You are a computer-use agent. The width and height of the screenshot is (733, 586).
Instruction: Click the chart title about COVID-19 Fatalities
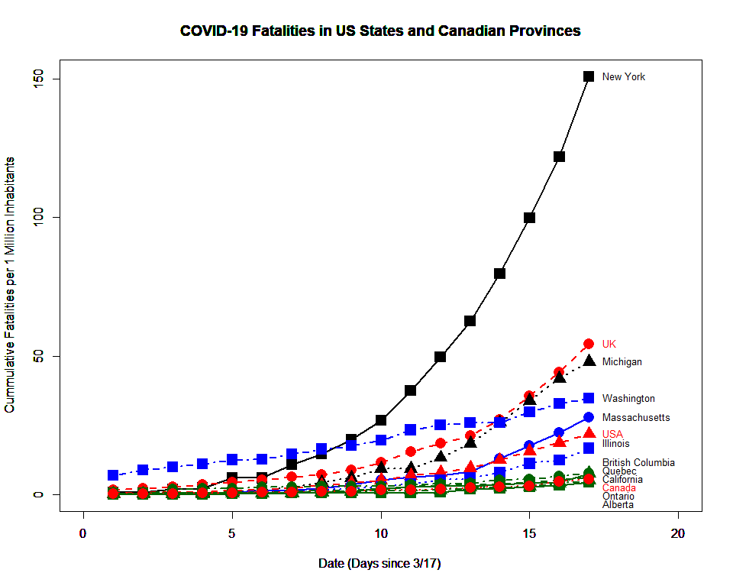(x=380, y=31)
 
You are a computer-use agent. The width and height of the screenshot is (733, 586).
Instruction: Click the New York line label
(x=623, y=76)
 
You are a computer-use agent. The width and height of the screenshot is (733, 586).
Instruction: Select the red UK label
(x=609, y=344)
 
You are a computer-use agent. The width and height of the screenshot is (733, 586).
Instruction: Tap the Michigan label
(x=622, y=361)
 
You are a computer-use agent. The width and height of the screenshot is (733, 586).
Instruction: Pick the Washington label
(x=628, y=398)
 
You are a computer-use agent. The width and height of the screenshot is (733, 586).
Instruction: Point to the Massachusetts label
(x=635, y=417)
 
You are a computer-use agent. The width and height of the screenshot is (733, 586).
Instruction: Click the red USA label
(x=612, y=434)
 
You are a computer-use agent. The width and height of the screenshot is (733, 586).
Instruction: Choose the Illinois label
(x=615, y=443)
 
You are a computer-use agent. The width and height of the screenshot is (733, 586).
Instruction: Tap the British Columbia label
(x=638, y=462)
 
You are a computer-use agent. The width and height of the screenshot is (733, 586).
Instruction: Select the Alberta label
(x=617, y=504)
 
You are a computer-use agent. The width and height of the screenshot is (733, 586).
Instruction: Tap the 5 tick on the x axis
(x=232, y=532)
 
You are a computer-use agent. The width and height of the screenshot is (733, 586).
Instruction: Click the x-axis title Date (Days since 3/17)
(x=379, y=564)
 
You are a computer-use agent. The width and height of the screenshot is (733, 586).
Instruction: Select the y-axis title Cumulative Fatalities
(x=10, y=285)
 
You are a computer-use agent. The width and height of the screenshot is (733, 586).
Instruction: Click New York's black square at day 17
(x=589, y=76)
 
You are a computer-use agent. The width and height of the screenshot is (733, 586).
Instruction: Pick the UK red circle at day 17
(x=589, y=344)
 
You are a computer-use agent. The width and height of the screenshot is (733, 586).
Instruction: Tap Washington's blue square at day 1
(x=113, y=475)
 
